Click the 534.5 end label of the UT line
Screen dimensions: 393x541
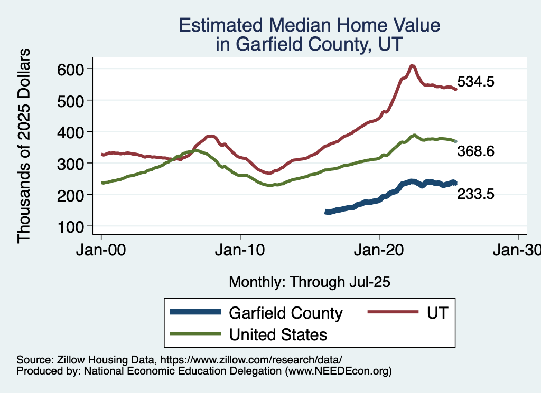pyautogui.click(x=475, y=82)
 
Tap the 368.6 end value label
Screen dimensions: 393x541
pyautogui.click(x=475, y=151)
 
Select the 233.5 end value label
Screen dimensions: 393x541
pyautogui.click(x=475, y=194)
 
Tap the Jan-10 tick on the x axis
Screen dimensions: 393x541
pyautogui.click(x=240, y=251)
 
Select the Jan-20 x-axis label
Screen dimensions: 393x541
pyautogui.click(x=379, y=251)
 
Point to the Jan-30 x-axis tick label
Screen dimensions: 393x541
pyautogui.click(x=517, y=251)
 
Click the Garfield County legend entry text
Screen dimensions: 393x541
pyautogui.click(x=286, y=313)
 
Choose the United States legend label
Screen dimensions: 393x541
pyautogui.click(x=278, y=334)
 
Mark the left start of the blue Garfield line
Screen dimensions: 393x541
pyautogui.click(x=327, y=212)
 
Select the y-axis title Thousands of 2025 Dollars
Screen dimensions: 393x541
pyautogui.click(x=24, y=145)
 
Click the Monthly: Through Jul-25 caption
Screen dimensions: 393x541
pyautogui.click(x=310, y=282)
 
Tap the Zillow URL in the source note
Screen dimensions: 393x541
pyautogui.click(x=251, y=359)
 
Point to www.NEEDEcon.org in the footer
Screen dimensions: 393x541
pyautogui.click(x=338, y=371)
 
